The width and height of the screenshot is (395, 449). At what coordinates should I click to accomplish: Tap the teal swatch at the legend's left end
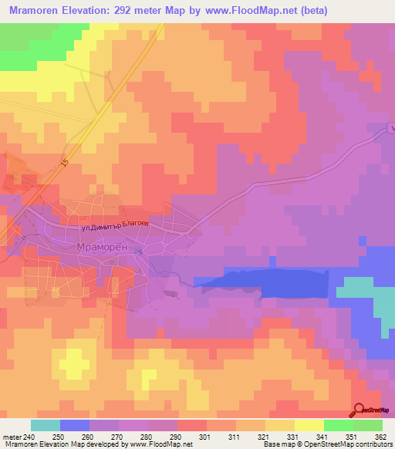tap(46, 425)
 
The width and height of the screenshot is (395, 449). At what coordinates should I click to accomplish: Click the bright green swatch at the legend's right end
tap(368, 425)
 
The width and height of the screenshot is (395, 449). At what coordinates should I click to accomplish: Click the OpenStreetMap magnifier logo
tap(360, 410)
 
